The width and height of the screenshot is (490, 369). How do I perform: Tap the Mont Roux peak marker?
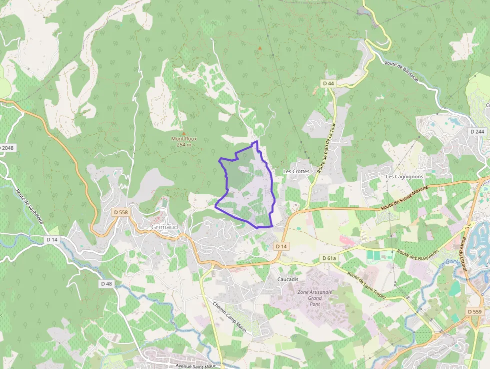(x=183, y=133)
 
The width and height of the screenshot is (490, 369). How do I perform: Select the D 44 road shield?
(x=328, y=83)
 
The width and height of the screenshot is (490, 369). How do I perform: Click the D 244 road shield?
(x=477, y=131)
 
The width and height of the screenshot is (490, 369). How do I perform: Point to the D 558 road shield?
(x=121, y=212)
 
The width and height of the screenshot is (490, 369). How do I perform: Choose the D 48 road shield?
(x=106, y=283)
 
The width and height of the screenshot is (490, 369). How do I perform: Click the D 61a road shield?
(x=328, y=258)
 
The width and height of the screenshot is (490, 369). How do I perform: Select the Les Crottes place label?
(x=296, y=171)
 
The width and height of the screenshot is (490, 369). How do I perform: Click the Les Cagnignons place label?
(x=404, y=177)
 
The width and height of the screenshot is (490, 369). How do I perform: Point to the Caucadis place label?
(x=287, y=279)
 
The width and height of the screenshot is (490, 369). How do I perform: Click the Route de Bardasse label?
(x=404, y=72)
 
